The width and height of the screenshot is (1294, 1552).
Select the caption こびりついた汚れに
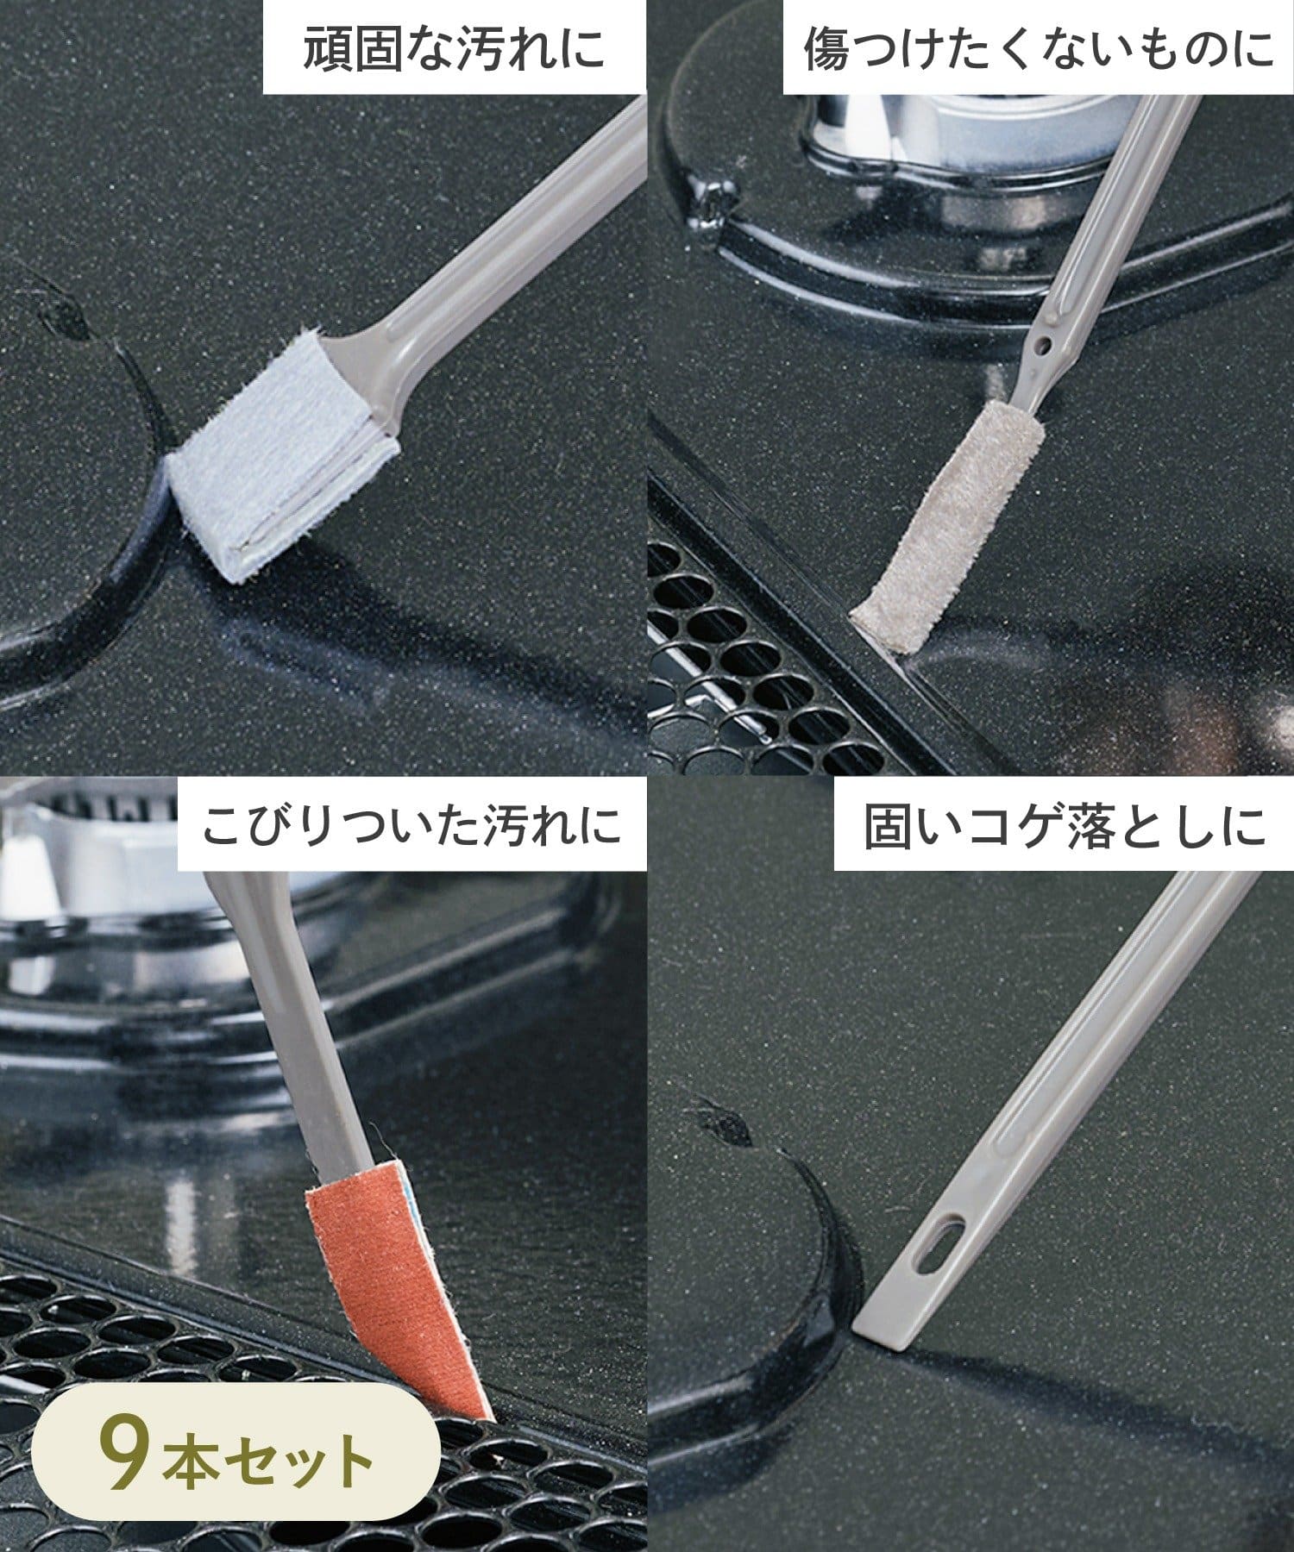tap(411, 825)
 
